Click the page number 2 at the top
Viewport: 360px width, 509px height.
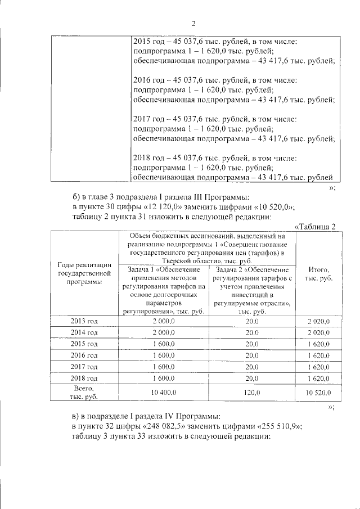[x=193, y=23]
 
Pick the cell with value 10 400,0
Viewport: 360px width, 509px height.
[x=164, y=392]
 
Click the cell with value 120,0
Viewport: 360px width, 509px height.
[x=252, y=392]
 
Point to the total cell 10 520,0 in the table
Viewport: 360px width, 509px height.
[x=318, y=392]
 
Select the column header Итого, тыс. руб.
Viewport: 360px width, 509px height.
[x=318, y=274]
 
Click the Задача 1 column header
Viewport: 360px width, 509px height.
[x=164, y=290]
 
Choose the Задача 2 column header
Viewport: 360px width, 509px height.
[x=252, y=290]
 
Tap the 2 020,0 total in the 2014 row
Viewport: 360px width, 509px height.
[x=318, y=332]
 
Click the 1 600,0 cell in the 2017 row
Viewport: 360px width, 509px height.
[x=164, y=367]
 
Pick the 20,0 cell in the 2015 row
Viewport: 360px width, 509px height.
[x=252, y=344]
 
